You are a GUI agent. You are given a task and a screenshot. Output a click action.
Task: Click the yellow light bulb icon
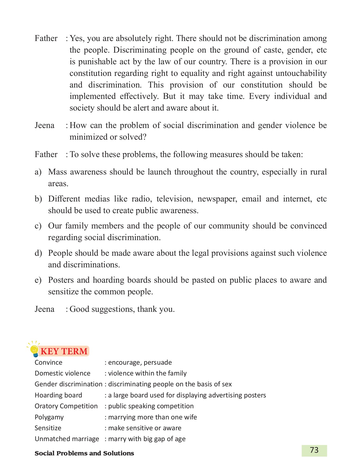point(34,350)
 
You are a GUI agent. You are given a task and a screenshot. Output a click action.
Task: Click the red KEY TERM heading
point(64,351)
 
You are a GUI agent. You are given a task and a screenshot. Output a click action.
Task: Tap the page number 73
point(314,450)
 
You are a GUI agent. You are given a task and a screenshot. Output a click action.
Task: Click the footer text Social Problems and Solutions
point(84,453)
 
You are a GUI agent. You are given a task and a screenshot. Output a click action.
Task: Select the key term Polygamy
point(49,417)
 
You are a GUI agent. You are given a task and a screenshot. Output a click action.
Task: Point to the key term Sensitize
point(48,428)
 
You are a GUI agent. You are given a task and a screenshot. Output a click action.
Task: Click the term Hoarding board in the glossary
point(58,395)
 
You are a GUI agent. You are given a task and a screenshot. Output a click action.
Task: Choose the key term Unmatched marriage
point(67,439)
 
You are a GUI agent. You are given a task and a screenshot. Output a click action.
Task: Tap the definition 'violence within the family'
point(147,373)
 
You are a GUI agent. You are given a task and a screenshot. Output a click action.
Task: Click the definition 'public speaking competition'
point(151,406)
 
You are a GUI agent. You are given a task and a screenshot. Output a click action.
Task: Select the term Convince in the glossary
point(48,363)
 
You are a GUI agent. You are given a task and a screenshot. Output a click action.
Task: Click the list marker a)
point(38,172)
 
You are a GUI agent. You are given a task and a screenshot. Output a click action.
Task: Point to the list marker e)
point(38,280)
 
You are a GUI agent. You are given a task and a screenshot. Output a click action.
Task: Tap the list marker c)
point(38,226)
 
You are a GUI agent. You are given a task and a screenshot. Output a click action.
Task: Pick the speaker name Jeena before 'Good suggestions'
point(44,309)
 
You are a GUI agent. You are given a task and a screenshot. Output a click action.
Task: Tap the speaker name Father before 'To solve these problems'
point(46,154)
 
